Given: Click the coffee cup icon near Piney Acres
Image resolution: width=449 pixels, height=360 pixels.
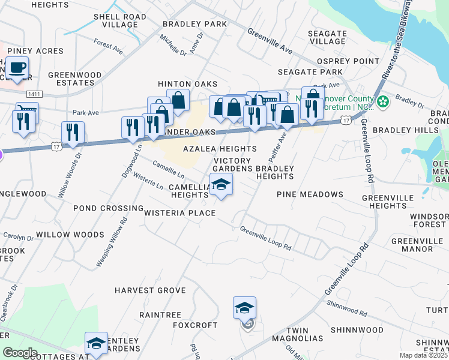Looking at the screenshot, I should [17, 67].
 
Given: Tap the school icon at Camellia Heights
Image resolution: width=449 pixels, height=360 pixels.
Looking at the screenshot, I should [221, 185].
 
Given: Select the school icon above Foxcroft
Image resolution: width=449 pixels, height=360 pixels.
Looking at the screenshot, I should [244, 308].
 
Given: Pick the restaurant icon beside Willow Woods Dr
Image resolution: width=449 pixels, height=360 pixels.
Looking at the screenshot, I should [73, 133].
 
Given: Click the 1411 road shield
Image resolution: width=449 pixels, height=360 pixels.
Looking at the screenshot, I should [34, 94].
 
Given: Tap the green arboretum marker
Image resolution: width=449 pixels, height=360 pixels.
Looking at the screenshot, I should [382, 101].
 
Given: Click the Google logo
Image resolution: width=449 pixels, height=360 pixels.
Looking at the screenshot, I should [20, 353].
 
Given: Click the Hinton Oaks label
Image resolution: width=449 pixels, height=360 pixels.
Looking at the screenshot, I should [187, 84].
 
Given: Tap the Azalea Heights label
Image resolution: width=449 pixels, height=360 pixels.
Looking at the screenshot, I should [220, 148].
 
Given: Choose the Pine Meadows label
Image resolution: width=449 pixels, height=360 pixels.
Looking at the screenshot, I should [310, 194].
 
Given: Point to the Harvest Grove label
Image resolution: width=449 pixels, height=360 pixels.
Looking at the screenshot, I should [150, 290].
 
